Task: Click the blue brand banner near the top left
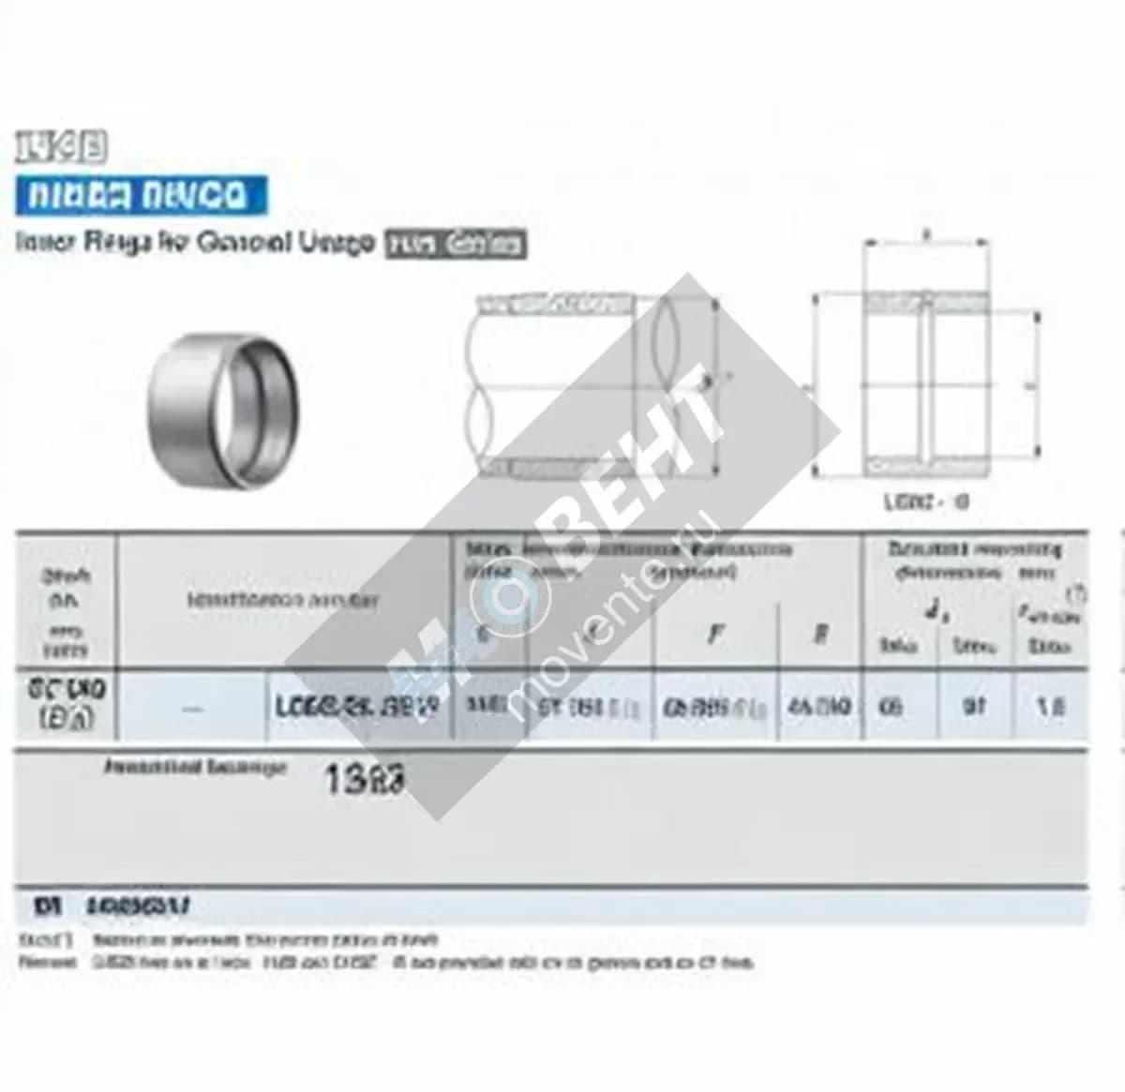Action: [x=141, y=196]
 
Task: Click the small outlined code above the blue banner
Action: [x=61, y=147]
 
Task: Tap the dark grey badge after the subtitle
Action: [x=456, y=244]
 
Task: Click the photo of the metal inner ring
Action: [x=223, y=410]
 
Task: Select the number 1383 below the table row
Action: [x=365, y=779]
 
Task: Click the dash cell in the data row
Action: [x=193, y=708]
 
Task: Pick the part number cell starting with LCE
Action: [x=356, y=707]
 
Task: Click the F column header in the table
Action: [x=715, y=634]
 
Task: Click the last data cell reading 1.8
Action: [x=1050, y=706]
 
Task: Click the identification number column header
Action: [x=283, y=600]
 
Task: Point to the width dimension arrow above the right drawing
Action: [x=926, y=241]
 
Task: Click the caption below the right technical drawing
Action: [x=926, y=501]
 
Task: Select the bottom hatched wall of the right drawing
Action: [x=926, y=464]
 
